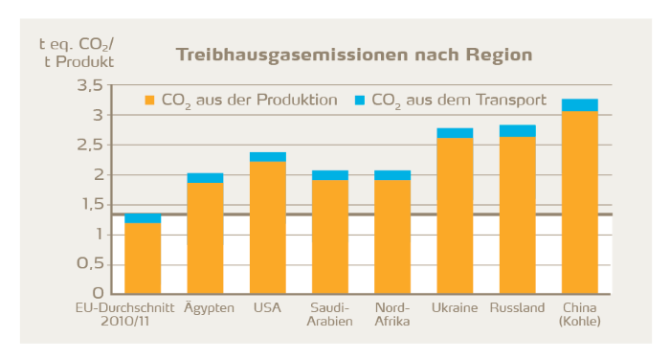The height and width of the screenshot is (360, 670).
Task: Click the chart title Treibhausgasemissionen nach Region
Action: [x=353, y=55]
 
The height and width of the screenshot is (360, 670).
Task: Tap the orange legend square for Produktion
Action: [x=149, y=100]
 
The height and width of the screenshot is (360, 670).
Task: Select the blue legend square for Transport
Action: [x=360, y=100]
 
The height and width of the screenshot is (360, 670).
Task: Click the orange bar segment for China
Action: [x=580, y=201]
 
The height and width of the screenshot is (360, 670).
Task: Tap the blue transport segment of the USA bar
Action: [x=268, y=156]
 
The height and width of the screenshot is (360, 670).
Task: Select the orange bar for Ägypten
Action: [x=205, y=237]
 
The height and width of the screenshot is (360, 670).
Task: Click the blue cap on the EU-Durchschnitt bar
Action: [x=143, y=218]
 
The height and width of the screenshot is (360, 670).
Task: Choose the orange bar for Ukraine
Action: [x=455, y=215]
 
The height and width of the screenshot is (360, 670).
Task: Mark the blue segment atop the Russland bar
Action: [x=518, y=131]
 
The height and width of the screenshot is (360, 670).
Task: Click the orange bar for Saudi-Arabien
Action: [x=330, y=236]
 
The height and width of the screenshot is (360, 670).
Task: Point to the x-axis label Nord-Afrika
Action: [x=392, y=314]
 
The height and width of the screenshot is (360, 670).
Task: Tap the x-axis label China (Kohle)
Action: [x=580, y=314]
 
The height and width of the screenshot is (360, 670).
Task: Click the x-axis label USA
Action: [x=268, y=308]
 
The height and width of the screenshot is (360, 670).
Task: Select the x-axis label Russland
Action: [x=518, y=308]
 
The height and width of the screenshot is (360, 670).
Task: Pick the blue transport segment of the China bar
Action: [x=580, y=104]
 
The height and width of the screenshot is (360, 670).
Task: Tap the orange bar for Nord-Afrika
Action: [x=392, y=236]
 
